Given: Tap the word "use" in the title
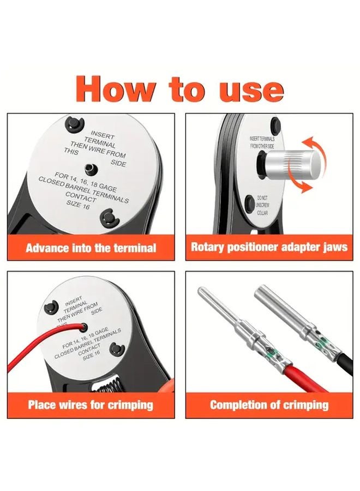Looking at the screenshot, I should pos(251,89).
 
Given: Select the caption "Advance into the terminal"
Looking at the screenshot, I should pos(91,248).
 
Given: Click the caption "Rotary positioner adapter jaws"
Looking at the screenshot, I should pos(269,247).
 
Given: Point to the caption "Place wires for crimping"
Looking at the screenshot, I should pos(91,405).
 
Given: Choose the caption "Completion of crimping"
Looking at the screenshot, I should pos(269,405).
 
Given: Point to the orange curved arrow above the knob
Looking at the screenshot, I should pos(315,145).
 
